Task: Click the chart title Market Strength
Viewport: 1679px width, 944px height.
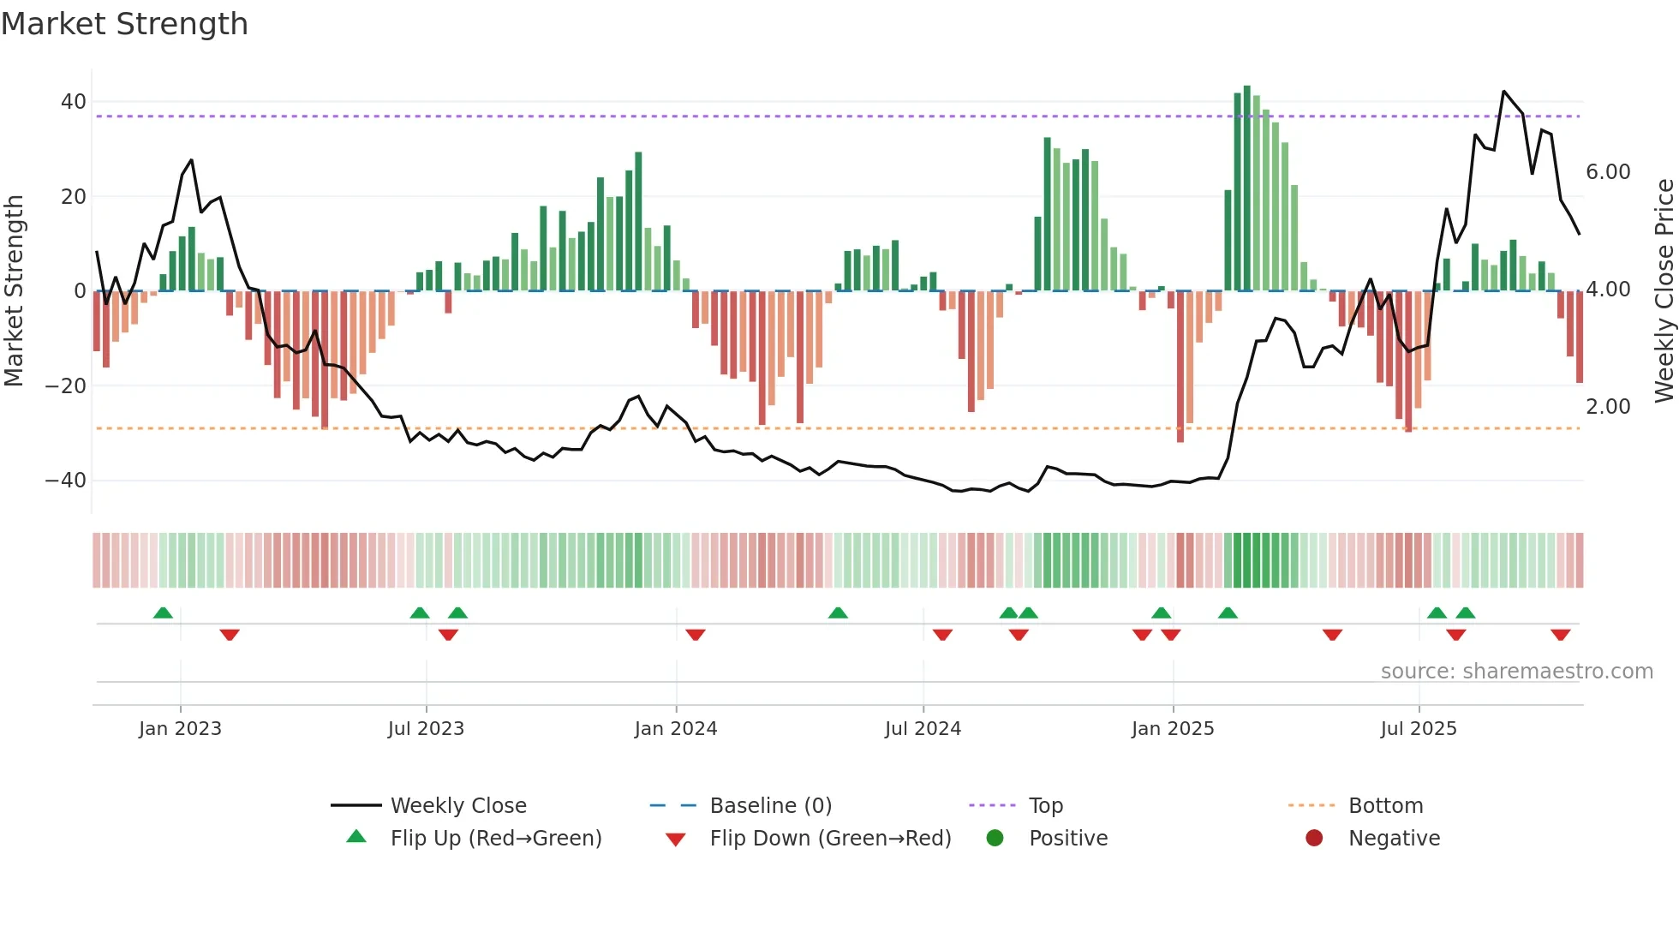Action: click(x=124, y=24)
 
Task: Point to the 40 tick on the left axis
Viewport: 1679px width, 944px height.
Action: click(x=74, y=102)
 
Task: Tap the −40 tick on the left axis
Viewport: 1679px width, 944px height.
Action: click(x=66, y=481)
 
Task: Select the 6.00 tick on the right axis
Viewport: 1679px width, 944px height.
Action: click(x=1608, y=172)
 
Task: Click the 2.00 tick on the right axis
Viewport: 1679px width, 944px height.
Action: click(x=1608, y=407)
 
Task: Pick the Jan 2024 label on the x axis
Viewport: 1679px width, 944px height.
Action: click(x=675, y=729)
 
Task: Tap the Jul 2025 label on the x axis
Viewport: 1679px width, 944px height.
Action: click(x=1418, y=729)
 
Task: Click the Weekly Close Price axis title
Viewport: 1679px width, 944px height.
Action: click(x=1664, y=291)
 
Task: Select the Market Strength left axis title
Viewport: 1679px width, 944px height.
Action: click(x=15, y=291)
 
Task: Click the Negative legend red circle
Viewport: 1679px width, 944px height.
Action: click(x=1314, y=839)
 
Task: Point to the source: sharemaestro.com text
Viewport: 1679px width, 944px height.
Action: click(x=1516, y=672)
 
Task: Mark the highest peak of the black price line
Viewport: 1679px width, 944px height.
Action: click(x=1503, y=91)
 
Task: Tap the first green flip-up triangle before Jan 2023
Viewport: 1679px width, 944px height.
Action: click(x=163, y=612)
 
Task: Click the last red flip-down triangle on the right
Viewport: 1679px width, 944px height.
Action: click(x=1560, y=635)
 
